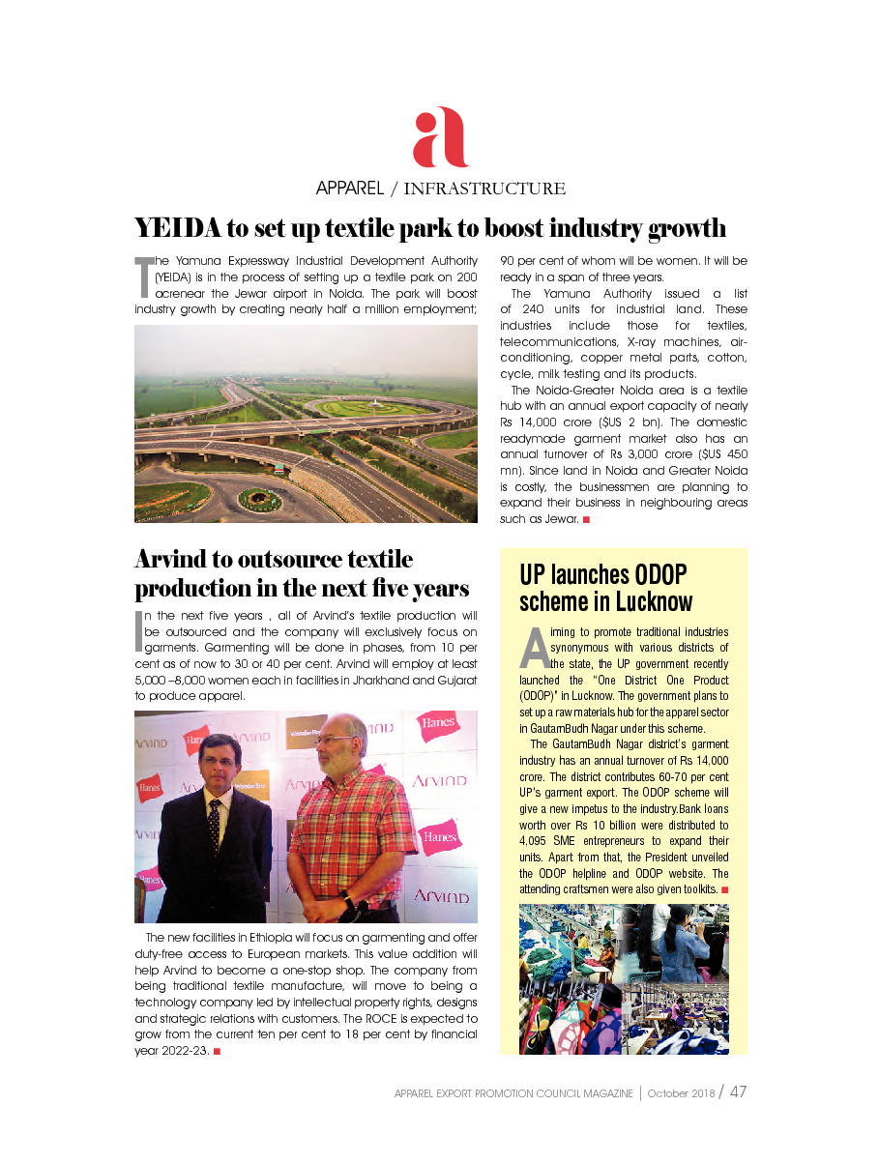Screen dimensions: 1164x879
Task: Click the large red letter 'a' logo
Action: (x=440, y=138)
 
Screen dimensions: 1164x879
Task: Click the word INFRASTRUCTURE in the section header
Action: (x=483, y=189)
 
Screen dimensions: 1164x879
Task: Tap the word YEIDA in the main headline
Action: (x=176, y=229)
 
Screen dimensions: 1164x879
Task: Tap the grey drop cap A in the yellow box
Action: (x=535, y=647)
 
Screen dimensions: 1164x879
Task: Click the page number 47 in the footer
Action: (x=738, y=1092)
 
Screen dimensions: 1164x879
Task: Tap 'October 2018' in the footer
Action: (x=681, y=1093)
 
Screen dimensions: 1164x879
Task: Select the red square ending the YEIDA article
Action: (x=586, y=520)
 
